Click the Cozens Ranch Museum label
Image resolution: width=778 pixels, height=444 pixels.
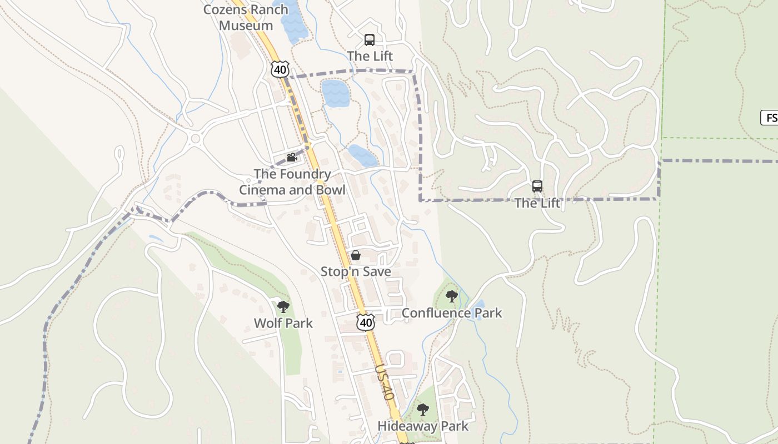click(246, 17)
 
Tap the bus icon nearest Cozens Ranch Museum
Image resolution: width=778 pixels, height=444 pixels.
click(370, 40)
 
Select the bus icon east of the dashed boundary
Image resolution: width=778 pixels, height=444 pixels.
click(537, 186)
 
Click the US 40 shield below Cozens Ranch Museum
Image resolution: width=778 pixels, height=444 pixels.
click(280, 69)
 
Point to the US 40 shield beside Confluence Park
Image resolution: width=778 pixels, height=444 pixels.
click(366, 322)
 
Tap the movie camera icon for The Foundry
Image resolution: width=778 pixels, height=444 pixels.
click(292, 158)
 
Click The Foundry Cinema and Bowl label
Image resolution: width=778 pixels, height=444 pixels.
click(292, 182)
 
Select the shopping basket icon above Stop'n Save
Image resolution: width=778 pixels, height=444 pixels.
click(356, 255)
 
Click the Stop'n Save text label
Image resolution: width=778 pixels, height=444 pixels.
click(356, 272)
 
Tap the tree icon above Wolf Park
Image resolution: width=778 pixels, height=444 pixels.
click(283, 306)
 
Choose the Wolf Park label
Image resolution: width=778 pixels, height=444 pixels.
click(283, 323)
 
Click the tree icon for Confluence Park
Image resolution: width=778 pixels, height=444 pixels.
click(452, 296)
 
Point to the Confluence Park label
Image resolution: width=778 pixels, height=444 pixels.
click(452, 313)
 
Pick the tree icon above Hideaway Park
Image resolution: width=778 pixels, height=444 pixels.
click(423, 410)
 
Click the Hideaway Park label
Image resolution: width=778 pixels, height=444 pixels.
click(423, 426)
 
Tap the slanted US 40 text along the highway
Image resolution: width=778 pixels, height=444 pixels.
click(384, 382)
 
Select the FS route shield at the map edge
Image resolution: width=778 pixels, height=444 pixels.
click(770, 118)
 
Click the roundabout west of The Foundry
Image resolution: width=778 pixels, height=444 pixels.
click(195, 138)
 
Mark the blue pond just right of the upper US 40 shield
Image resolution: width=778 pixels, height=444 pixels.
click(336, 93)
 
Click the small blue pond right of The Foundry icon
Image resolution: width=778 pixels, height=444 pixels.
click(363, 156)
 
